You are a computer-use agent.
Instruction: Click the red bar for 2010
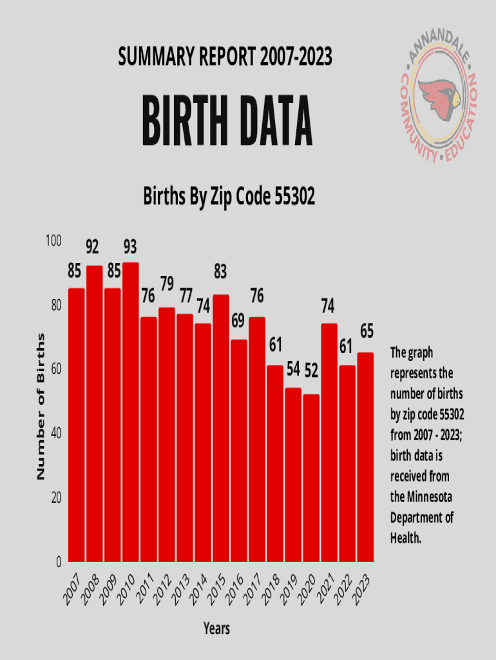point(131,412)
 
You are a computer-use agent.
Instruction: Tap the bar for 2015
point(221,429)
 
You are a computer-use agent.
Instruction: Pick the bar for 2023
point(365,458)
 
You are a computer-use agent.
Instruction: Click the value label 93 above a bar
point(130,246)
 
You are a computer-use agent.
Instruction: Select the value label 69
point(238,320)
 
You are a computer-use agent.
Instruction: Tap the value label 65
point(367,331)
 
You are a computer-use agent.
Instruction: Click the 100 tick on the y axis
point(53,240)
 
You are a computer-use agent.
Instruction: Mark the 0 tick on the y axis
point(58,562)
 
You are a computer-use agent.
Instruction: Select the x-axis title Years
point(216,628)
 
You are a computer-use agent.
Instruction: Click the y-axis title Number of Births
point(41,406)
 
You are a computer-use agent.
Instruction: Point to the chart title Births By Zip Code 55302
point(229,197)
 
